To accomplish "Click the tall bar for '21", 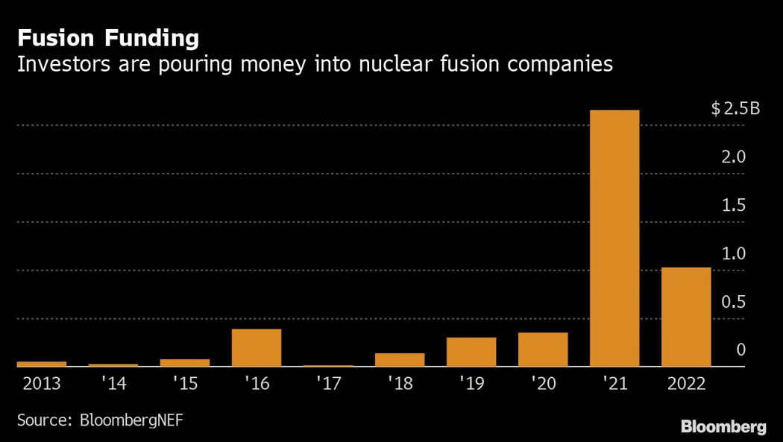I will (614, 238).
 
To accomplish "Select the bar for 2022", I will (686, 317).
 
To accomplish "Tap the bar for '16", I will (257, 347).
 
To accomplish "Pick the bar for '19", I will (471, 352).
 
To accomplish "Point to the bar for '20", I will (543, 350).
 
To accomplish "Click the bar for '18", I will (400, 359).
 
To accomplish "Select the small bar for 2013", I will (42, 364).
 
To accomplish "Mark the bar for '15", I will (185, 362).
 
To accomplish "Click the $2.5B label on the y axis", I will (735, 110).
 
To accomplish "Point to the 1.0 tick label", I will (735, 253).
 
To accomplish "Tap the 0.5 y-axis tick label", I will (735, 302).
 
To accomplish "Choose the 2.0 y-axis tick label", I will (735, 157).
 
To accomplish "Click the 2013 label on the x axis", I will (42, 384).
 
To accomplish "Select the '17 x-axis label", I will (328, 384).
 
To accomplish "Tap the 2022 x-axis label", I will (686, 384).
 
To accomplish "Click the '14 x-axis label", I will (113, 384).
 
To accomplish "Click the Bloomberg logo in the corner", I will (723, 426).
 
